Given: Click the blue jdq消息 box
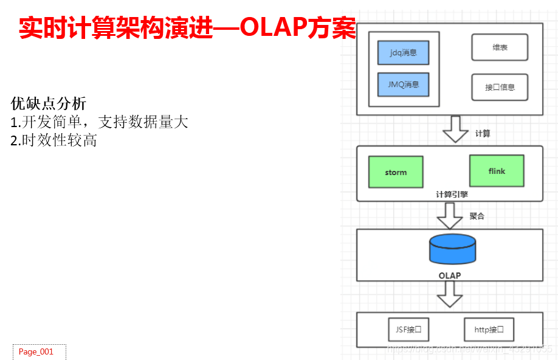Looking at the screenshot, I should click(x=403, y=53).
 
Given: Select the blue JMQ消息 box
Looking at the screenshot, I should click(x=403, y=85).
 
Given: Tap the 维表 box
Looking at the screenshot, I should click(x=500, y=47).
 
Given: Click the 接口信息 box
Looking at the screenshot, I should click(x=500, y=87).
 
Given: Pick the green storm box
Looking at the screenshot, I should click(x=396, y=172).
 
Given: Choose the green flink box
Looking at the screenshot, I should click(x=497, y=171).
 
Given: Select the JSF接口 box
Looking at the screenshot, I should click(x=408, y=330).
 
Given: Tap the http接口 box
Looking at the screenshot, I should click(x=489, y=330).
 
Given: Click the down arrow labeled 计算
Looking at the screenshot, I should click(x=455, y=130).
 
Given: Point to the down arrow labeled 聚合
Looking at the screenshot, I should click(x=450, y=215).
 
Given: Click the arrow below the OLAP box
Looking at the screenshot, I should click(x=450, y=296).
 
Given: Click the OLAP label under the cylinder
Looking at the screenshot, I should click(x=450, y=275).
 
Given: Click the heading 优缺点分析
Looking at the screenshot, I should click(x=49, y=103).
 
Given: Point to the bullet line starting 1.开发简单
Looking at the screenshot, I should click(x=100, y=122).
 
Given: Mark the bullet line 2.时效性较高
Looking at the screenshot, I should click(x=54, y=141).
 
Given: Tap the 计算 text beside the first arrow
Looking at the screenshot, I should click(x=483, y=134).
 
